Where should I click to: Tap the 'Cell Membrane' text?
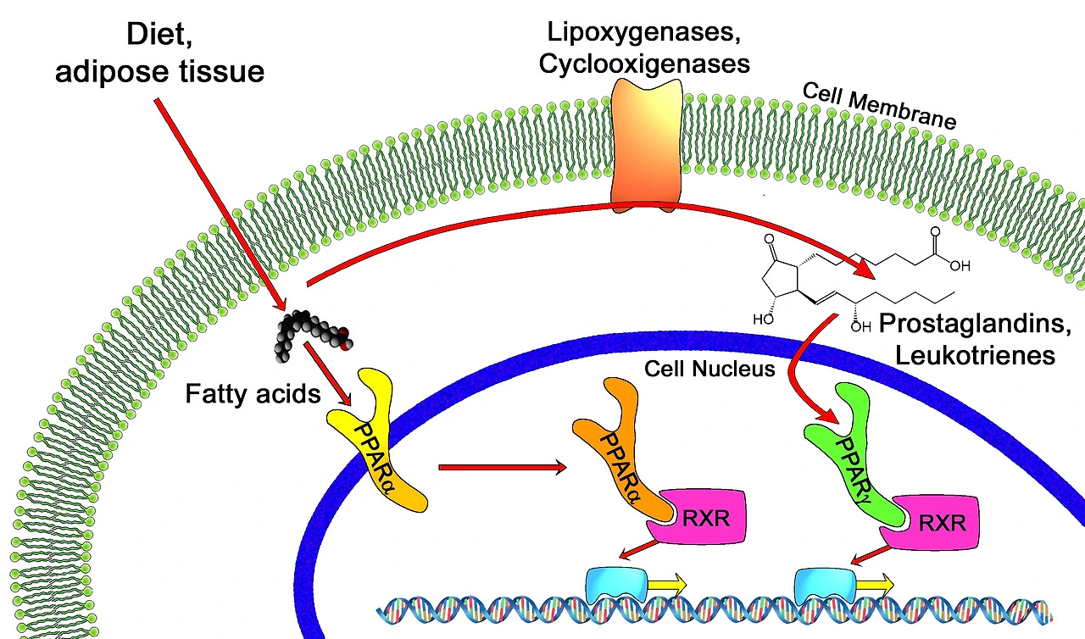(x=879, y=106)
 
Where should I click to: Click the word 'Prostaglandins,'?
(x=976, y=323)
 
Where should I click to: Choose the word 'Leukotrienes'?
(x=975, y=354)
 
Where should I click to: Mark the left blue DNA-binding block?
(x=617, y=582)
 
